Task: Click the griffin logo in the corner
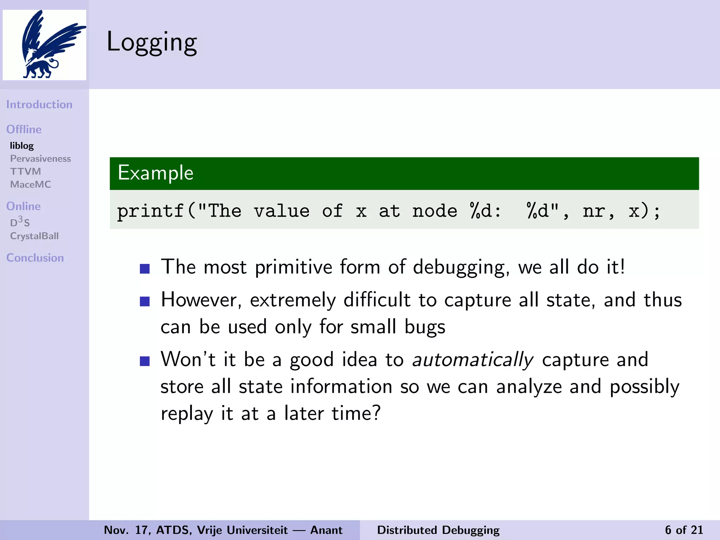[x=45, y=45]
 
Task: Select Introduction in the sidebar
[x=39, y=104]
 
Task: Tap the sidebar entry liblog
[x=22, y=146]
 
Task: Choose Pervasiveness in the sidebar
[x=40, y=159]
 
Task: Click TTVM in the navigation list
[x=26, y=172]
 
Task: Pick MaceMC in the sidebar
[x=31, y=184]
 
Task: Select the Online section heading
[x=24, y=206]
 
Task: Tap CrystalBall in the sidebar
[x=34, y=236]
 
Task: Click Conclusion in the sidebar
[x=35, y=258]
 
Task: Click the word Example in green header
[x=155, y=173]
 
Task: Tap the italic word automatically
[x=472, y=360]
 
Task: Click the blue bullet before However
[x=144, y=301]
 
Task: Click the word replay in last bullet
[x=187, y=413]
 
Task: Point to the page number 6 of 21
[x=684, y=530]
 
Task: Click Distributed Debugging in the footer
[x=438, y=530]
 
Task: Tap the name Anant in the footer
[x=326, y=530]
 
